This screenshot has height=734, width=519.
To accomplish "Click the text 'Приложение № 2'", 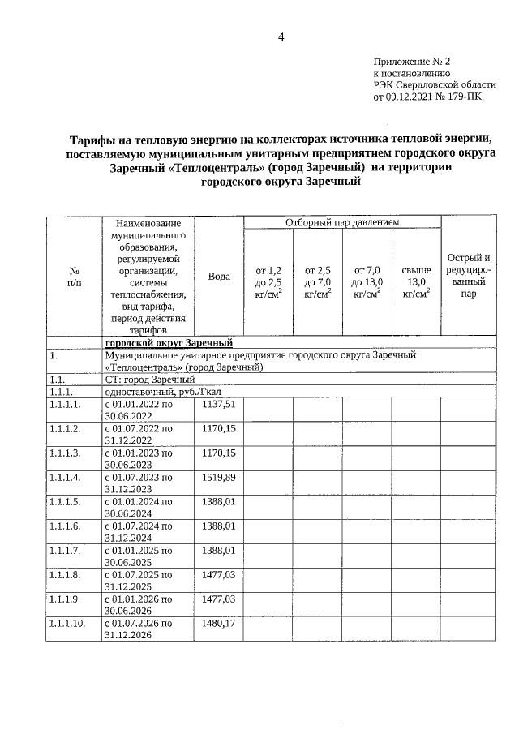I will (x=411, y=62).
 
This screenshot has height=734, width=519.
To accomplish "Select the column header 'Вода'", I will (x=219, y=277).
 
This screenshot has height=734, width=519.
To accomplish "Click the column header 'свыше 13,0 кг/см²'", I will (x=416, y=281).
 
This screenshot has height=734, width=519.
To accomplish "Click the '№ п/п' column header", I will (x=74, y=277).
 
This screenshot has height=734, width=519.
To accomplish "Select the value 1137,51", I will (x=219, y=404).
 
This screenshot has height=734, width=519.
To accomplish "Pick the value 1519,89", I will (x=219, y=478).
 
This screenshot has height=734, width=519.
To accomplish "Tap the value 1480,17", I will (x=219, y=624).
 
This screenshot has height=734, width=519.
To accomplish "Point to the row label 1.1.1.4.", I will (x=66, y=478).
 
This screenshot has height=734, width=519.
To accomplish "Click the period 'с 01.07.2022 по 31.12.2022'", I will (x=139, y=434).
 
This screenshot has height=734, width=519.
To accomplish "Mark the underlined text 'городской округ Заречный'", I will (x=169, y=343).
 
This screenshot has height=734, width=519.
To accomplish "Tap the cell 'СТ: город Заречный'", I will (x=150, y=379).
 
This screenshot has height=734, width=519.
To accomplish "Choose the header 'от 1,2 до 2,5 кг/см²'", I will (x=268, y=281).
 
